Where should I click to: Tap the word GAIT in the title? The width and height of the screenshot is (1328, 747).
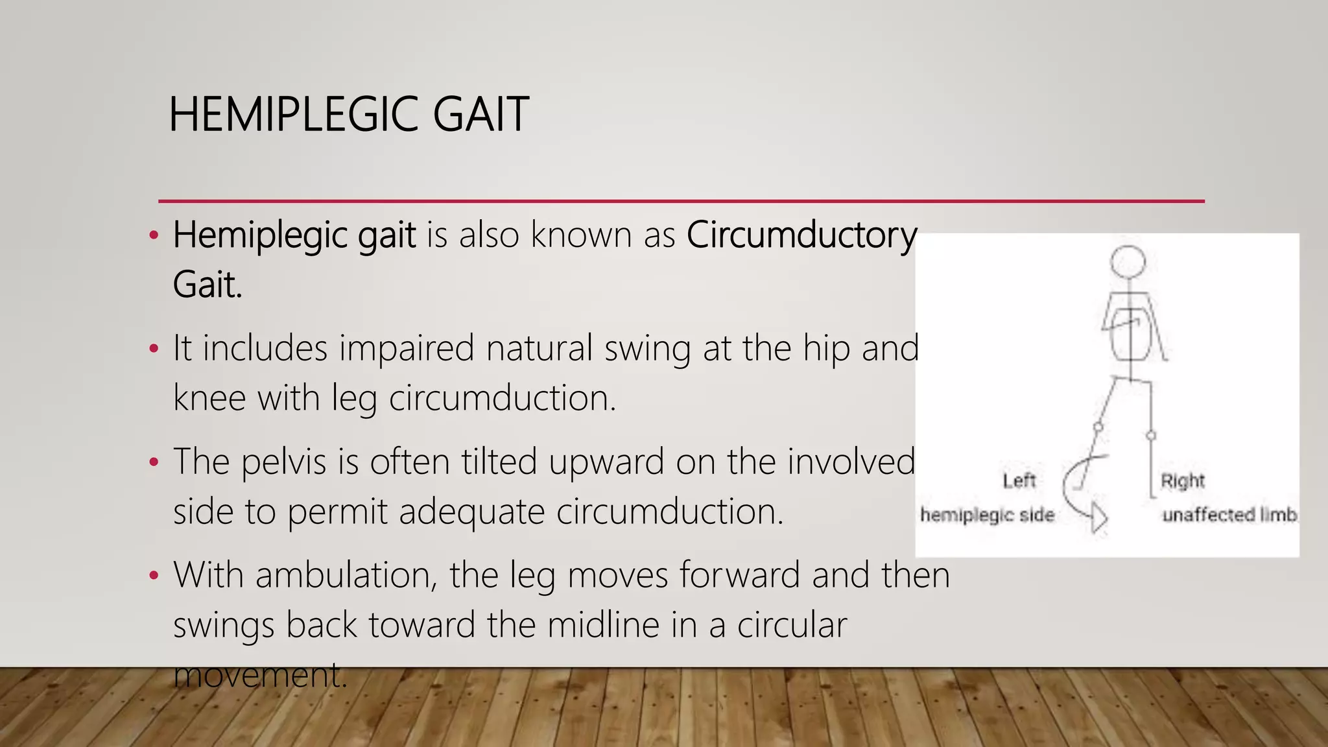tap(480, 115)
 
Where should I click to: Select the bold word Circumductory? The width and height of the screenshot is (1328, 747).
tap(801, 235)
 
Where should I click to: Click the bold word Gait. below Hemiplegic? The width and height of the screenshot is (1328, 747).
tap(207, 285)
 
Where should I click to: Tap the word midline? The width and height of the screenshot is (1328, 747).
tap(603, 625)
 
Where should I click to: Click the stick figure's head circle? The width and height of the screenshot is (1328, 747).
tap(1128, 262)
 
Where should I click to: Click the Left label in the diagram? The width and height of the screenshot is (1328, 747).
tap(1019, 481)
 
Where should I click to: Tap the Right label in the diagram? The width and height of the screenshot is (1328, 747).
tap(1182, 481)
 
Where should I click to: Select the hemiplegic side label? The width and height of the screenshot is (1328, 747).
tap(987, 515)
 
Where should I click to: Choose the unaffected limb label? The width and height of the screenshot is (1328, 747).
tap(1229, 515)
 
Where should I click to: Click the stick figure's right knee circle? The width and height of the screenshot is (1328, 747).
tap(1151, 436)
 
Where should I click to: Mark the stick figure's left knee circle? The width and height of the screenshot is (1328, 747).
tap(1098, 427)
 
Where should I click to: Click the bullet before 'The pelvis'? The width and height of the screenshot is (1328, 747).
tap(154, 462)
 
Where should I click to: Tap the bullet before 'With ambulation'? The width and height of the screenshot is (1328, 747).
tap(154, 576)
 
